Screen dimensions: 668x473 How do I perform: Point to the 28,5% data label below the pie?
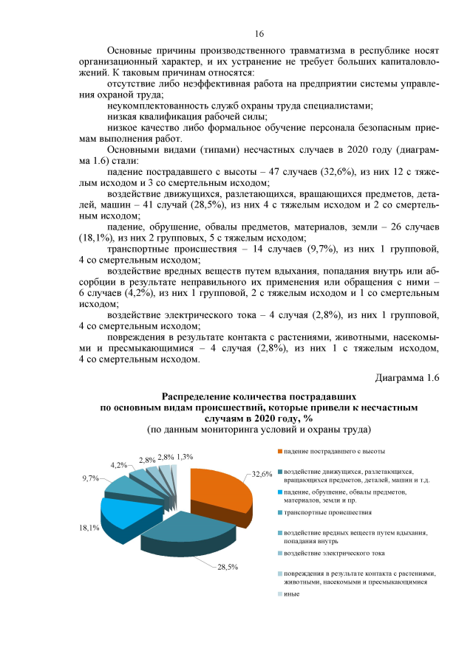tap(227, 567)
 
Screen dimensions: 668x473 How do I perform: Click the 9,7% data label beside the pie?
tap(91, 478)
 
